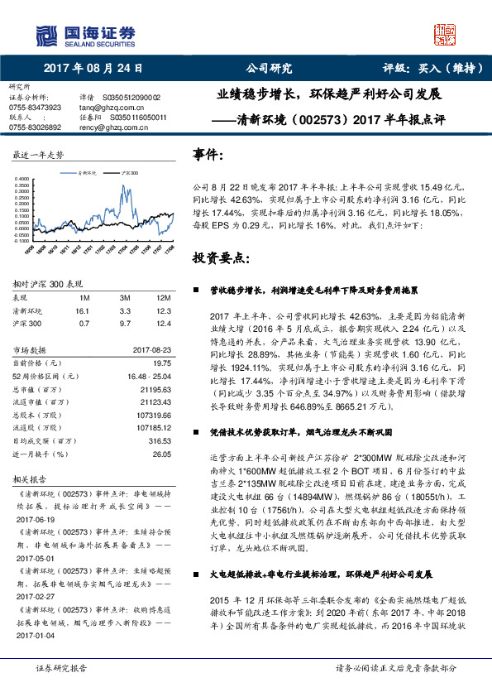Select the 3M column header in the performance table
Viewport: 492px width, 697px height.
(x=126, y=297)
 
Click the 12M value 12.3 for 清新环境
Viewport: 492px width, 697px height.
(x=162, y=310)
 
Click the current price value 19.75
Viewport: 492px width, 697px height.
(x=162, y=363)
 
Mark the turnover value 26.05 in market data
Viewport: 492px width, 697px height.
(x=162, y=454)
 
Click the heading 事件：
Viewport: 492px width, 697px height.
(x=208, y=154)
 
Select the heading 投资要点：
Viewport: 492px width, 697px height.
(x=220, y=257)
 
